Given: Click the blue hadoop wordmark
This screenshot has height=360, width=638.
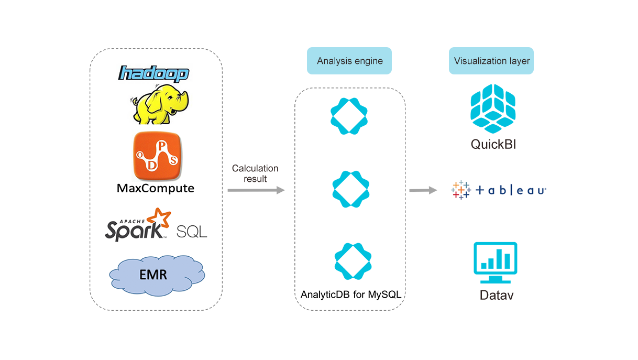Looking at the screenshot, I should tap(153, 73).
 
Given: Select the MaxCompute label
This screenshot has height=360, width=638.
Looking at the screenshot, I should tap(155, 188).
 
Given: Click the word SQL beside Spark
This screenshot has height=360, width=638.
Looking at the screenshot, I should tap(192, 231).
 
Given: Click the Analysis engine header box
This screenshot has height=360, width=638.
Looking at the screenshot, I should tap(349, 61).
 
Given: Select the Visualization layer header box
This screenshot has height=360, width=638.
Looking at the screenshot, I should tap(491, 61).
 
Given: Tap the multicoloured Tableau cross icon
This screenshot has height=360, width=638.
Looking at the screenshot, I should tap(461, 190).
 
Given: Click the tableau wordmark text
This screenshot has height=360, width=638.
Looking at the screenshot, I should tap(512, 191).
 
